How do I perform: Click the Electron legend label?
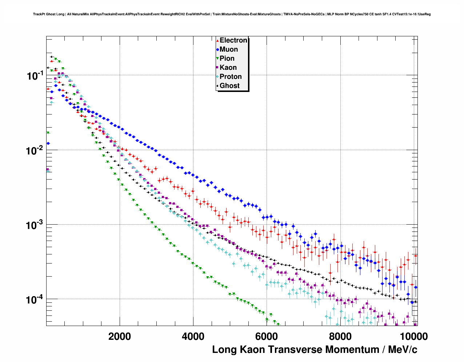(x=233, y=40)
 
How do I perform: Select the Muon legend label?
(x=229, y=49)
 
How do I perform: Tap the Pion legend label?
(x=227, y=59)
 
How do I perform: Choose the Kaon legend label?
(x=228, y=68)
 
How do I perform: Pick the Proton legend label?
(x=231, y=77)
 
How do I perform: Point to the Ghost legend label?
(x=229, y=86)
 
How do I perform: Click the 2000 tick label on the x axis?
(x=120, y=337)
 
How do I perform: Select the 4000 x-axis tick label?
(x=193, y=337)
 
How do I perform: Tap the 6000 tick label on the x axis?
(x=267, y=337)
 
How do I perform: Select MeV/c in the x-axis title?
(x=403, y=350)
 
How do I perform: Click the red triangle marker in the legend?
(x=217, y=41)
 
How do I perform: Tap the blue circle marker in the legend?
(x=217, y=50)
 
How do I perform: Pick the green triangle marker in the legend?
(x=217, y=59)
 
